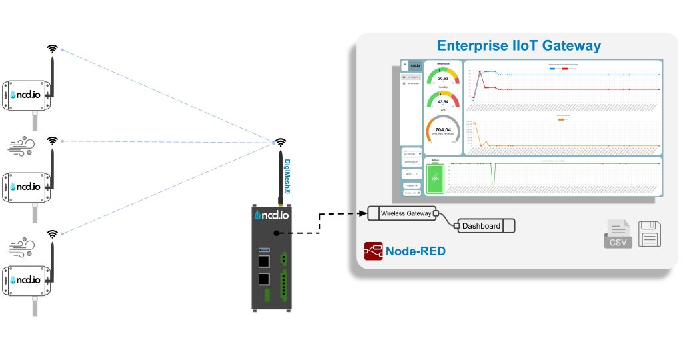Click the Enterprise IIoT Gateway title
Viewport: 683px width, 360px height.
[x=518, y=46]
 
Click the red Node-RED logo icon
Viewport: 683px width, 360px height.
[x=373, y=251]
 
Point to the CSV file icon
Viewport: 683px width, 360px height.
[x=618, y=234]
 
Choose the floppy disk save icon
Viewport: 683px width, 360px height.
[x=651, y=234]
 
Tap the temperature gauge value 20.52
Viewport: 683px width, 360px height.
[x=443, y=79]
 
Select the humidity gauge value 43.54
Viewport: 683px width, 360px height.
[x=443, y=102]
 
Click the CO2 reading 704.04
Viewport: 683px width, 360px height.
[x=443, y=130]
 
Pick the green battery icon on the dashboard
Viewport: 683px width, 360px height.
[x=435, y=177]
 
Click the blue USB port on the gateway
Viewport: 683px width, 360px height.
[x=264, y=249]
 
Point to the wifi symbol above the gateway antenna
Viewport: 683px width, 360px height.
[x=281, y=142]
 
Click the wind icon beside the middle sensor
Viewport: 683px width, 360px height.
[x=22, y=146]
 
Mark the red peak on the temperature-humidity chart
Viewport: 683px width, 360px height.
[x=480, y=72]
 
